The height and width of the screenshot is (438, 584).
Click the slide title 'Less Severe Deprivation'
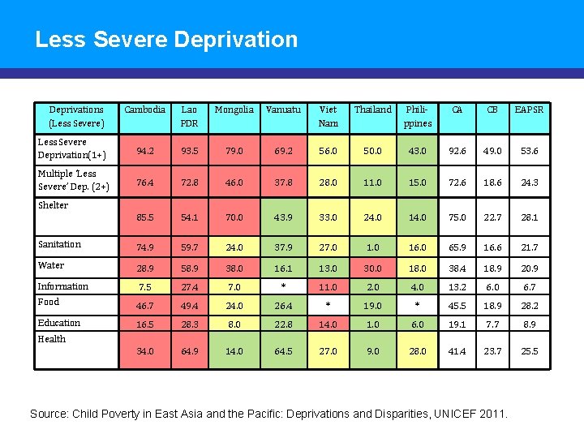(x=166, y=39)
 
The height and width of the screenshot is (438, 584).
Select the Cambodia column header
(x=144, y=109)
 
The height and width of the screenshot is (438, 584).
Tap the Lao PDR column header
(x=189, y=116)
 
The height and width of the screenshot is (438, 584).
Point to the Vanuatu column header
(x=282, y=109)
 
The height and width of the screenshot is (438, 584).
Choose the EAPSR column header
(x=530, y=109)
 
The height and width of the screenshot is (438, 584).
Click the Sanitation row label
(x=60, y=244)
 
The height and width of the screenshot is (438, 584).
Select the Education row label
(x=59, y=323)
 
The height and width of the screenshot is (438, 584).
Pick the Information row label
(x=63, y=286)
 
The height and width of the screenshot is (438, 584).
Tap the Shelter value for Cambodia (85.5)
(x=144, y=217)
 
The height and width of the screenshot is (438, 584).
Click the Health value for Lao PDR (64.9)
(x=189, y=351)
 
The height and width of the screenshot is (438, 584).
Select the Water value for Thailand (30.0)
(x=372, y=268)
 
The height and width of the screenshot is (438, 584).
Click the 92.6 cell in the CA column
(x=457, y=151)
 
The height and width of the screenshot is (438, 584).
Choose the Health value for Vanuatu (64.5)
(x=282, y=351)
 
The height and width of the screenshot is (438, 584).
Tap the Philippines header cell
(x=418, y=116)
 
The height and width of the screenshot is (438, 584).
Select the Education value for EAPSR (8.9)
(x=530, y=324)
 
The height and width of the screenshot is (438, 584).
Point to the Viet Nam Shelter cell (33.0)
(x=328, y=217)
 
